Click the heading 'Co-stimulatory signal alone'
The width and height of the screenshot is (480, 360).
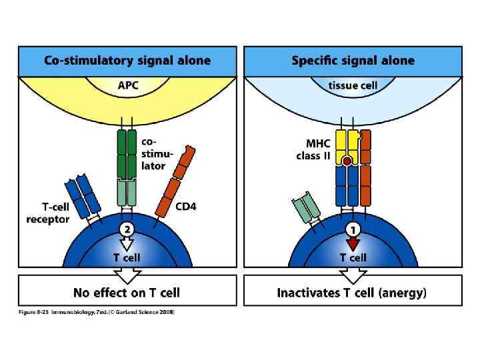coord(127,61)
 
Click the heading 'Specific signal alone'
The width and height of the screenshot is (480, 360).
coord(353,61)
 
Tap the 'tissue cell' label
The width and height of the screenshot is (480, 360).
coord(353,86)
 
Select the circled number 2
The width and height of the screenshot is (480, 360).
coord(127,229)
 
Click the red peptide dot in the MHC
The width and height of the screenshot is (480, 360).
coord(347,161)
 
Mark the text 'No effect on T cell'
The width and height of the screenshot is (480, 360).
coord(127,292)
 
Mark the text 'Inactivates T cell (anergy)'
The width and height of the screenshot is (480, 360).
coord(353,292)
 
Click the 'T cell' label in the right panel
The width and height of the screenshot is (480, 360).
coord(353,257)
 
